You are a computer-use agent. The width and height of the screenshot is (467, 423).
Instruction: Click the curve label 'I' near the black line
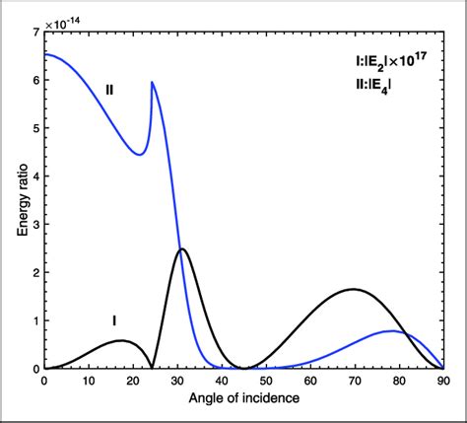114,319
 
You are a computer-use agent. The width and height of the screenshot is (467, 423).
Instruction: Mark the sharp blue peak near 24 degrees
152,83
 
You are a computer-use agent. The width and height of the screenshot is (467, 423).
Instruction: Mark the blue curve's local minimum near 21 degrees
139,154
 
